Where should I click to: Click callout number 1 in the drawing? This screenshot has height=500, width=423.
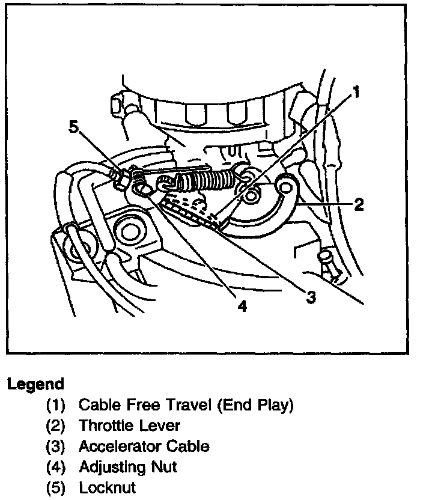click(356, 92)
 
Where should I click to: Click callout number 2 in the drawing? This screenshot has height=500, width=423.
click(359, 205)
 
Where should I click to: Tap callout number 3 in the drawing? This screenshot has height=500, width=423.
click(311, 297)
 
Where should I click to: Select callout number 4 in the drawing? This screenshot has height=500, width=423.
click(242, 306)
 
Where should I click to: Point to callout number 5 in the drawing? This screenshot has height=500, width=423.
click(73, 127)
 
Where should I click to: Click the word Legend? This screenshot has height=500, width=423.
click(35, 384)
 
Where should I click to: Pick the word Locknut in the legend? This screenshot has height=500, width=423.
click(108, 487)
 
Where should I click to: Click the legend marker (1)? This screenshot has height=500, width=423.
click(56, 405)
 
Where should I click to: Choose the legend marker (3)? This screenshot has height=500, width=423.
click(56, 446)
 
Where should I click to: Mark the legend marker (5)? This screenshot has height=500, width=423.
click(56, 487)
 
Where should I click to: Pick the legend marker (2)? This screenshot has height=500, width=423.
click(56, 425)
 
